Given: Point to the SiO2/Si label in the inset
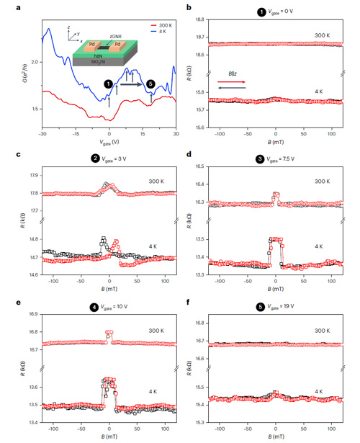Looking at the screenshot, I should coord(89,62).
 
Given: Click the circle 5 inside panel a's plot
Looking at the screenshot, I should coord(150,84).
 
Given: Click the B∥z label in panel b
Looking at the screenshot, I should coord(232,74).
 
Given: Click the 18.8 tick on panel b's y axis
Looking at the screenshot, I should coord(193,19).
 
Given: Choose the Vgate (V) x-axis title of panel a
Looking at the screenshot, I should coord(109,143).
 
